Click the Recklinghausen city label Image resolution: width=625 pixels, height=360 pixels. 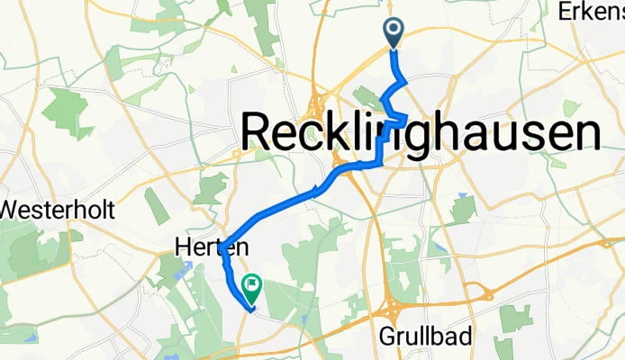[x=421, y=133]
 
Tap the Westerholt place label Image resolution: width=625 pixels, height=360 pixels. [x=57, y=211]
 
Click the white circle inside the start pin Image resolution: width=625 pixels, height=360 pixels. [x=394, y=29]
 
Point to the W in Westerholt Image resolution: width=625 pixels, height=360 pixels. [x=13, y=211]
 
